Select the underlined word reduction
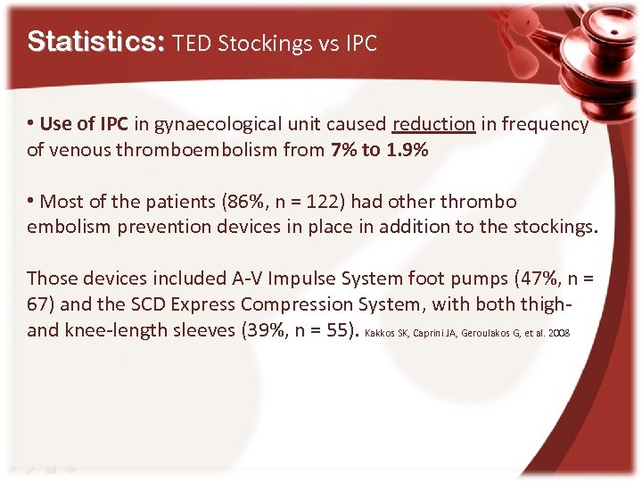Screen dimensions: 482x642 [433, 125]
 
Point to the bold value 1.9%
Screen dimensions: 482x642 [407, 150]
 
